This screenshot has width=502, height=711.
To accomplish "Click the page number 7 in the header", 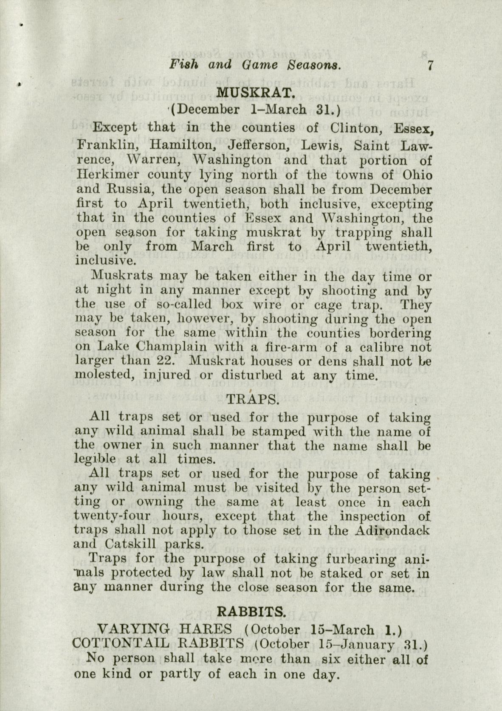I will pos(431,66).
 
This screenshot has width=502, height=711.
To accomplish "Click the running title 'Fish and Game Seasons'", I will pos(256,65).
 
